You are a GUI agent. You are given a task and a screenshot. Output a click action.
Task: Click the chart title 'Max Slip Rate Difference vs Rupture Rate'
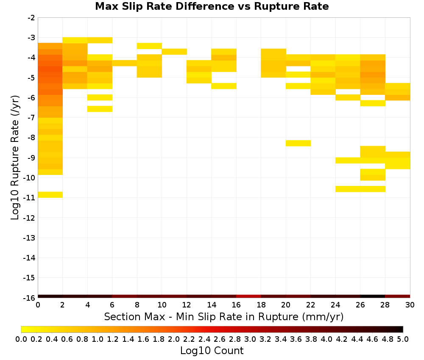(x=212, y=6)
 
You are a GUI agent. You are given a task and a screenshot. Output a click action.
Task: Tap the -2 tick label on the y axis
(x=31, y=18)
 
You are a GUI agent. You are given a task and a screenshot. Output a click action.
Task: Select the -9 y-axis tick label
(x=31, y=158)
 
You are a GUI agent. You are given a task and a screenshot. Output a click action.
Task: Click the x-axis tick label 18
(x=261, y=305)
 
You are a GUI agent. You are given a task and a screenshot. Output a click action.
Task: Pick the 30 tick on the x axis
(x=410, y=305)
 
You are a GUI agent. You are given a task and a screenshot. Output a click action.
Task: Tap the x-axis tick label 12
(x=187, y=305)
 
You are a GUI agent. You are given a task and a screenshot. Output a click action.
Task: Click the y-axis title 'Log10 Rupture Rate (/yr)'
(x=15, y=158)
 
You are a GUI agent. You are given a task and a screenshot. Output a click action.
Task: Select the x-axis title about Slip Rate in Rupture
(x=224, y=316)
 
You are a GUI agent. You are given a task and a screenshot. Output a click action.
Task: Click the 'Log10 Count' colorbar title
(x=212, y=351)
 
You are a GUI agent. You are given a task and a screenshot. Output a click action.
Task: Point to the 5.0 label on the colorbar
(x=403, y=339)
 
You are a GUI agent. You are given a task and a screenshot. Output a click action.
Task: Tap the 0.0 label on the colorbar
(x=21, y=339)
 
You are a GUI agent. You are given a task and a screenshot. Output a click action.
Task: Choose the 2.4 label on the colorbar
(x=204, y=339)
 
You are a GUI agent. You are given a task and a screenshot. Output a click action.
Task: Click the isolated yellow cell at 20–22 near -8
(x=298, y=143)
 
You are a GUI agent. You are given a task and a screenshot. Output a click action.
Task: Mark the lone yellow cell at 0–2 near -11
(x=50, y=194)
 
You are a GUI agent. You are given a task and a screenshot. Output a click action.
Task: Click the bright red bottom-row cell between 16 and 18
(x=248, y=296)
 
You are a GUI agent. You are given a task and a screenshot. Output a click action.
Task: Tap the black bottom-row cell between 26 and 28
(x=373, y=296)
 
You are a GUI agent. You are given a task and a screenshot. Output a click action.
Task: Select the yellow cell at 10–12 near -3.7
(x=174, y=52)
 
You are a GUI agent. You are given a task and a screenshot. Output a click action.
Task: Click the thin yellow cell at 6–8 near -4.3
(x=125, y=63)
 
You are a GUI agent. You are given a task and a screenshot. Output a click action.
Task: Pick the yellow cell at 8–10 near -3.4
(x=150, y=46)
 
